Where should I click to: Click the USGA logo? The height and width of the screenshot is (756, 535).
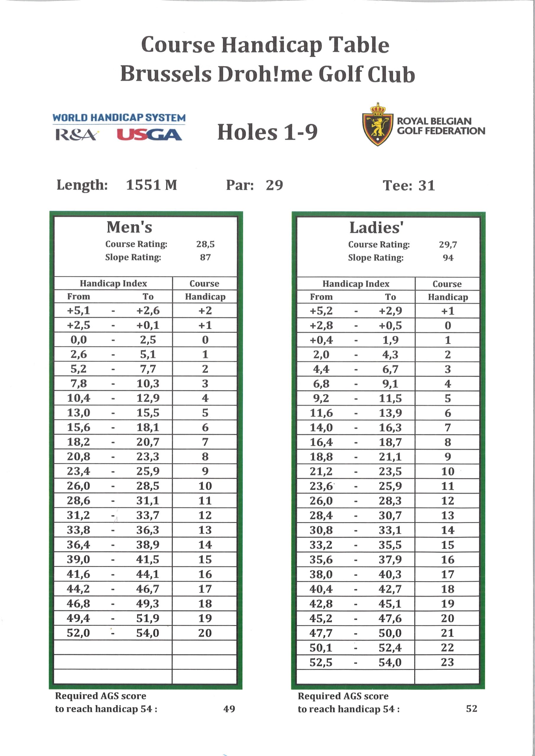[x=149, y=135]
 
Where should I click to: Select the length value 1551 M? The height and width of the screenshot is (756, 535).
[x=151, y=185]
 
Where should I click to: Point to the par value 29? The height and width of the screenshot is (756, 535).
[x=274, y=185]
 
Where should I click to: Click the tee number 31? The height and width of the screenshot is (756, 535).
[x=427, y=186]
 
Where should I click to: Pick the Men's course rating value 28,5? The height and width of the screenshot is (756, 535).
[x=205, y=244]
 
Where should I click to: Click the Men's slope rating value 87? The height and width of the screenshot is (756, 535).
[x=205, y=257]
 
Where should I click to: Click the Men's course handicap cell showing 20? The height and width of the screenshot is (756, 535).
[x=205, y=633]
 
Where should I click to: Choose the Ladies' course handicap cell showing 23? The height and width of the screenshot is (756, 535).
[x=447, y=662]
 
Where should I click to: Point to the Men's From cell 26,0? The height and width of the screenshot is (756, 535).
[x=78, y=486]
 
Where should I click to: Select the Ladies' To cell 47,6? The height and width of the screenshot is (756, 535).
[x=390, y=618]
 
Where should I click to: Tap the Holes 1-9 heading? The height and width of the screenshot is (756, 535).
[x=267, y=132]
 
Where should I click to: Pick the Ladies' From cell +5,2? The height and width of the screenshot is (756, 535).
[x=321, y=310]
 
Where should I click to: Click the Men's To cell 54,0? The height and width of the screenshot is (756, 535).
[x=148, y=633]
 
